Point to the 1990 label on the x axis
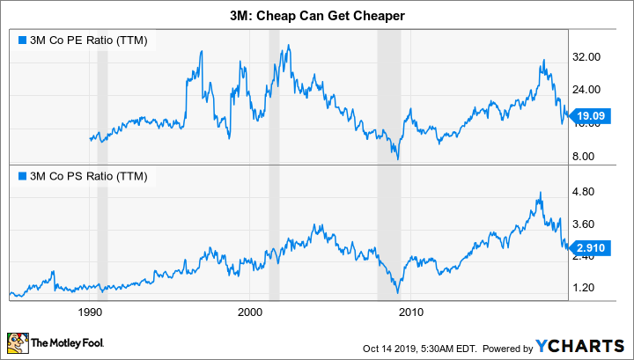(x=89, y=312)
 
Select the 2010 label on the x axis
(x=410, y=312)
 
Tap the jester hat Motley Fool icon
(x=18, y=341)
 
